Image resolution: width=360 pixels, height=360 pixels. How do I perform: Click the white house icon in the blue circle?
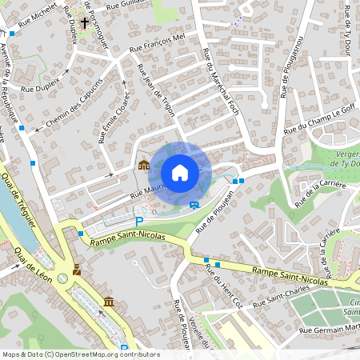click(180, 173)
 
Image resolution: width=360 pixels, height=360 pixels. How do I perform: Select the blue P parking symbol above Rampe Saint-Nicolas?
click(139, 221)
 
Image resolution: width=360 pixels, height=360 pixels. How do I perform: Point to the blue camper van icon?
click(194, 204)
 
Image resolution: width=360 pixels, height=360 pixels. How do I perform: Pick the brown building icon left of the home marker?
click(143, 166)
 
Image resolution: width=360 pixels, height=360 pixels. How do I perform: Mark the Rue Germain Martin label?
click(329, 328)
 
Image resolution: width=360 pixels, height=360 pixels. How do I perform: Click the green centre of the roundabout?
click(62, 278)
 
